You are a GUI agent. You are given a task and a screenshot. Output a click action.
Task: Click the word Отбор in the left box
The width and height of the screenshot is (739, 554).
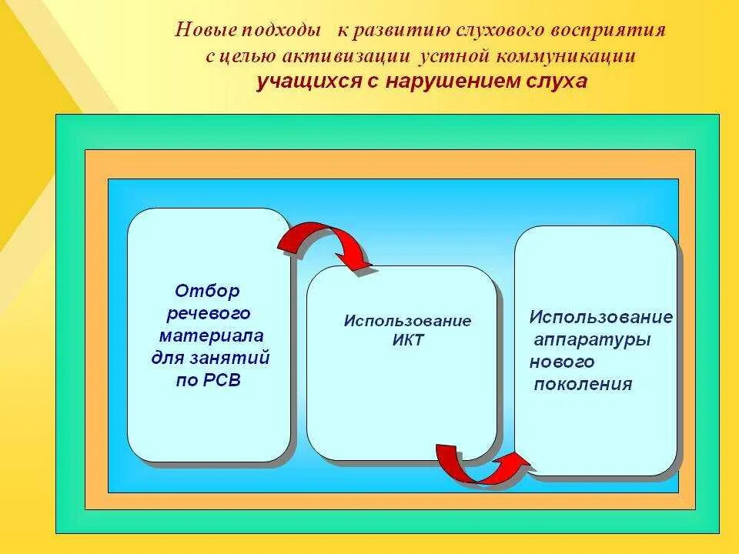coord(208,291)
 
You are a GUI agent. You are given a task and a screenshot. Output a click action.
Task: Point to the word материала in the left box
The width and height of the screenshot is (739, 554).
coord(211,335)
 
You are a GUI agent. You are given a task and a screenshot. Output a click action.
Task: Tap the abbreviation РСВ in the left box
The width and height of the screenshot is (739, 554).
coord(219,380)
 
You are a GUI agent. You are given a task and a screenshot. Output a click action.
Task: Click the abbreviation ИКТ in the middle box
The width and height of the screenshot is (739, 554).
coord(407,340)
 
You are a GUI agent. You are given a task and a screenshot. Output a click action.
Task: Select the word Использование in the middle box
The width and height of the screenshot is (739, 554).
coord(407,321)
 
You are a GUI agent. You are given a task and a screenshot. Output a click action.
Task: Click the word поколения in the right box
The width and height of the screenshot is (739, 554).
coord(580,385)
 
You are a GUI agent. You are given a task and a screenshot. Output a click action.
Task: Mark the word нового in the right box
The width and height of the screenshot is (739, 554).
coord(562,362)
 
